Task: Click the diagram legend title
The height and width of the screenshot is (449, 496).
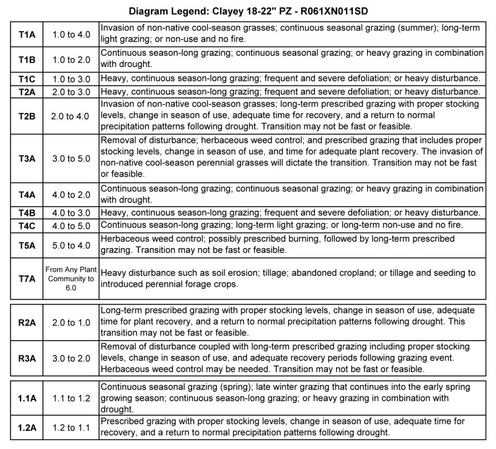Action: click(248, 11)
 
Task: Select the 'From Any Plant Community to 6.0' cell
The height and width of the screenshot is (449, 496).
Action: click(71, 278)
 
